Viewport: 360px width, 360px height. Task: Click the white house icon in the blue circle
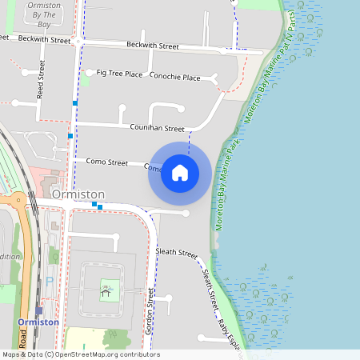point(180,173)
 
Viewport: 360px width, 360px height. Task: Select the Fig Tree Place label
point(119,74)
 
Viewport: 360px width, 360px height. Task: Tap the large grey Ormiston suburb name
point(78,194)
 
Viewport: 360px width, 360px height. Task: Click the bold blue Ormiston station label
point(38,322)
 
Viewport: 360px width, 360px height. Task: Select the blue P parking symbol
point(50,282)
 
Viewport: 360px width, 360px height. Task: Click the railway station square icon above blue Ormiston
point(38,310)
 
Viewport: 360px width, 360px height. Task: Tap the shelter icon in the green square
point(106,289)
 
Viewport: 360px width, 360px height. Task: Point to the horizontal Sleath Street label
point(176,253)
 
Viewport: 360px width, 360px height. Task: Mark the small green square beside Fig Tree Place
point(85,80)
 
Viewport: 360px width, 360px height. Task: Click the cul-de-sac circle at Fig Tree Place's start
point(90,71)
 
